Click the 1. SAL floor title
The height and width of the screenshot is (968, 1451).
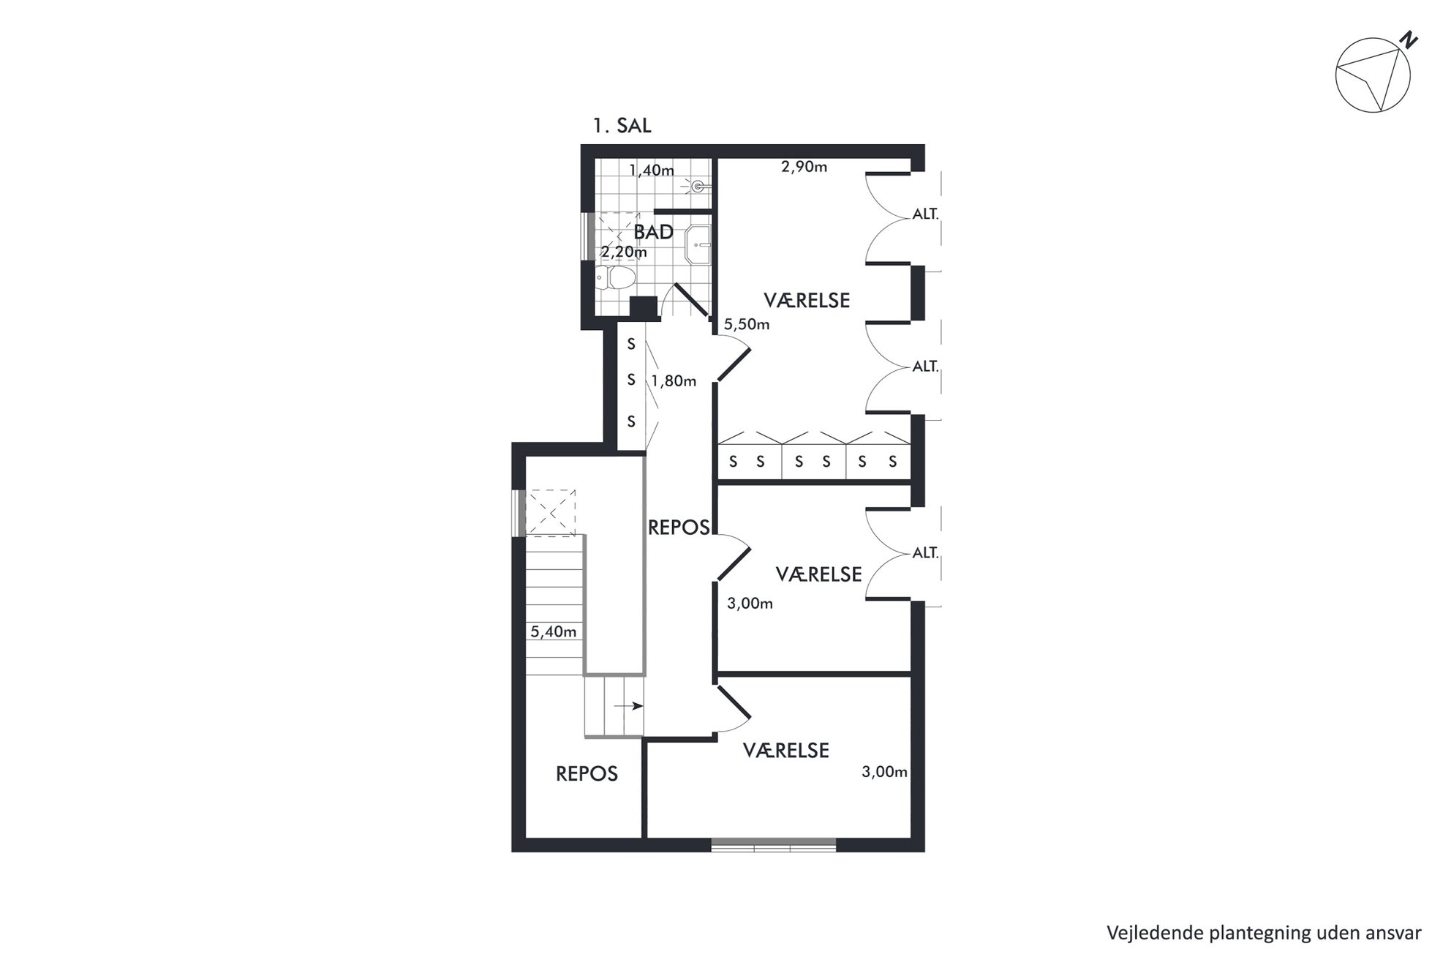[x=622, y=126]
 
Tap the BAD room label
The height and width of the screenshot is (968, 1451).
[x=654, y=233]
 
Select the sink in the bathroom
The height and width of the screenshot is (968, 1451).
[x=698, y=243]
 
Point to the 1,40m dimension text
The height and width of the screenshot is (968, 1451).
[x=652, y=170]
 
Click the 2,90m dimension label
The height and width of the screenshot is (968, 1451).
[x=804, y=167]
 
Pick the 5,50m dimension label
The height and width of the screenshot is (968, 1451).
[x=747, y=324]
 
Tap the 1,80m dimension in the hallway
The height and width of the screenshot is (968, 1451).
[x=674, y=381]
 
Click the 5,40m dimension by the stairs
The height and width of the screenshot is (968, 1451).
[x=554, y=631]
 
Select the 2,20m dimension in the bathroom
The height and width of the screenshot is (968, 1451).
[x=624, y=252]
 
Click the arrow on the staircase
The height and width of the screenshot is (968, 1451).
[x=628, y=706]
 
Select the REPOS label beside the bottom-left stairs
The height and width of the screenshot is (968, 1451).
[x=587, y=774]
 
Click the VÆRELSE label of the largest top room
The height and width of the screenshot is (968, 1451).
[x=807, y=301]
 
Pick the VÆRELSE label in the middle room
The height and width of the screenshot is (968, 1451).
[x=819, y=574]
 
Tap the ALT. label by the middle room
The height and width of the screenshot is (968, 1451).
[x=925, y=553]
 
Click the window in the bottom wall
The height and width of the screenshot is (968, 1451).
[x=774, y=845]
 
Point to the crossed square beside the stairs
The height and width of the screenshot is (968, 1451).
[x=551, y=512]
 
